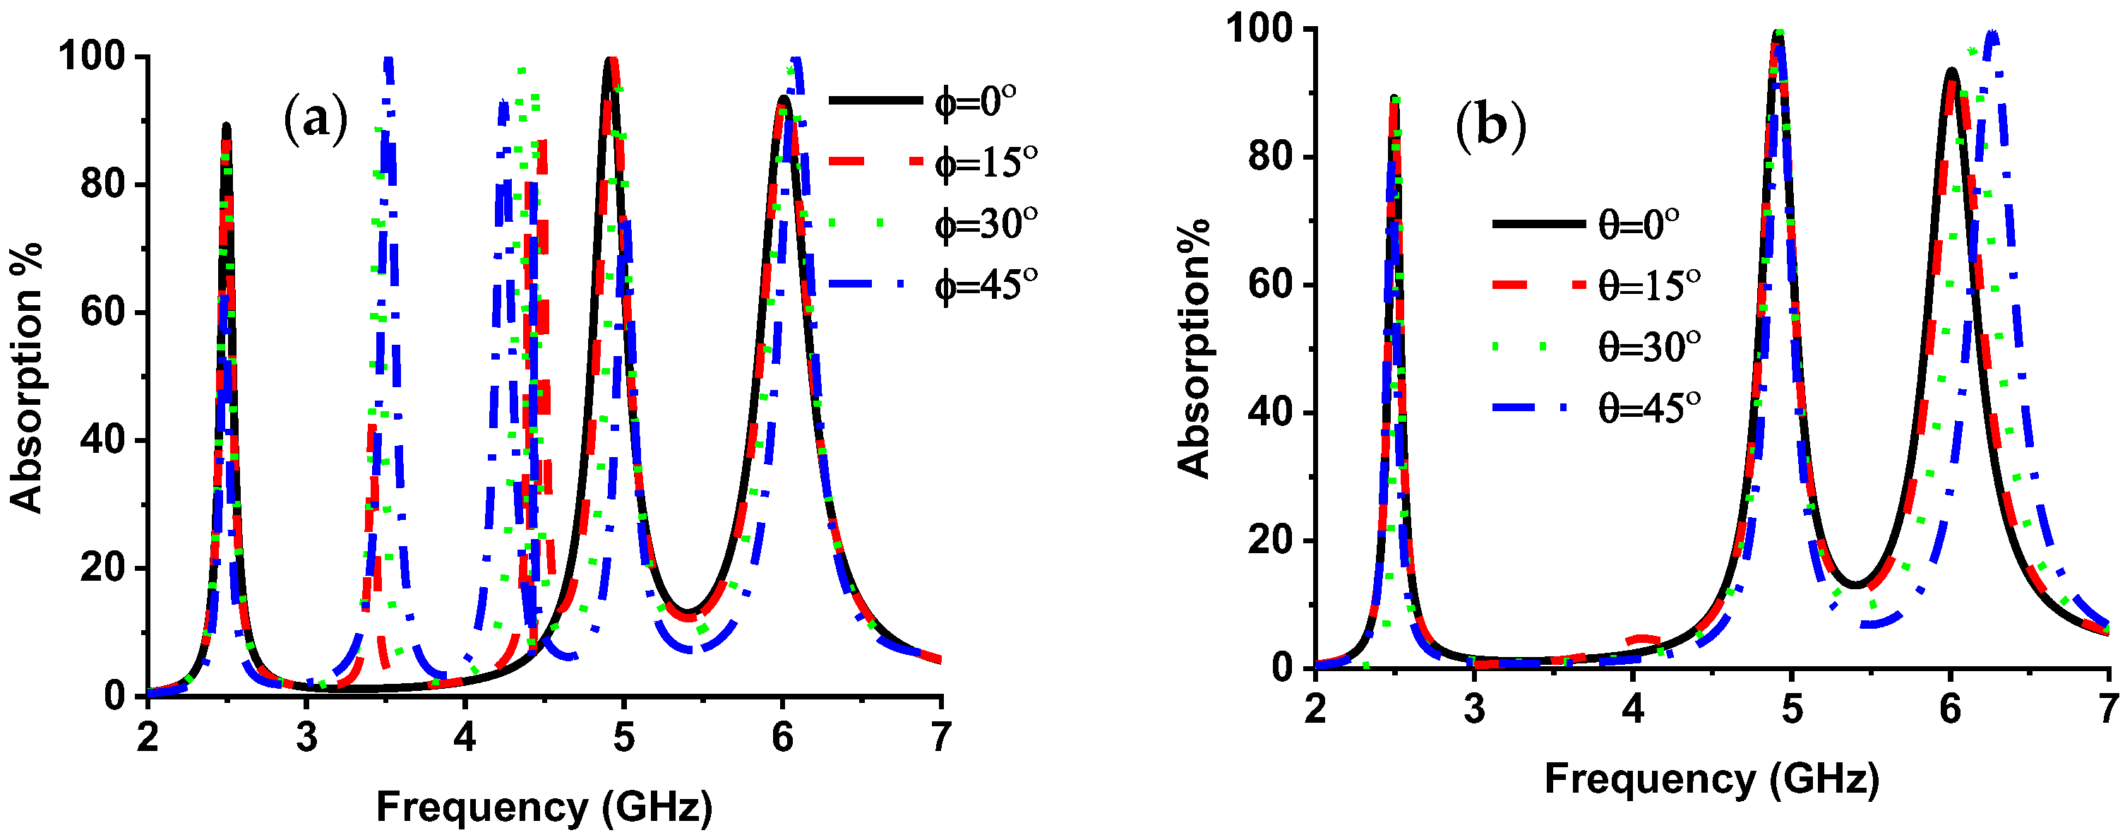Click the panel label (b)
coord(1490,126)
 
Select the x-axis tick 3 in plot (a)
coord(306,737)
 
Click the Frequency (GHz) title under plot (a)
coord(544,807)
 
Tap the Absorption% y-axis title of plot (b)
coord(1194,348)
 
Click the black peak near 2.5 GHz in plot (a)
coord(226,126)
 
